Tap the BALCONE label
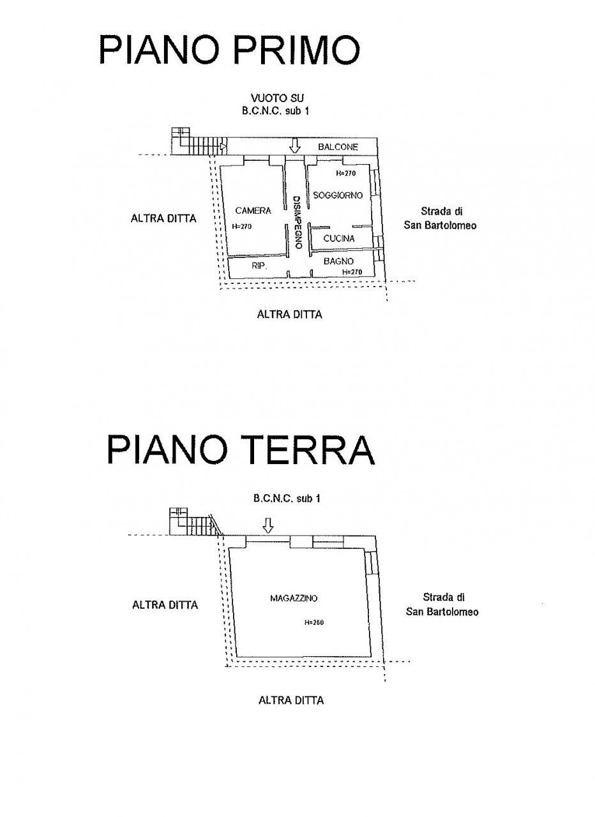tap(338, 147)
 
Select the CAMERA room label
tap(253, 211)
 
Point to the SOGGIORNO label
tap(338, 195)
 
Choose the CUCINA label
tap(339, 238)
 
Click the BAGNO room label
tap(338, 261)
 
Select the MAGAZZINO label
tap(294, 598)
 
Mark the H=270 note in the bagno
tap(352, 272)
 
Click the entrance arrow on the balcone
tap(294, 146)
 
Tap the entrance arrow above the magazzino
tap(267, 525)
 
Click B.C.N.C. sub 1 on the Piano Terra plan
tap(287, 498)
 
